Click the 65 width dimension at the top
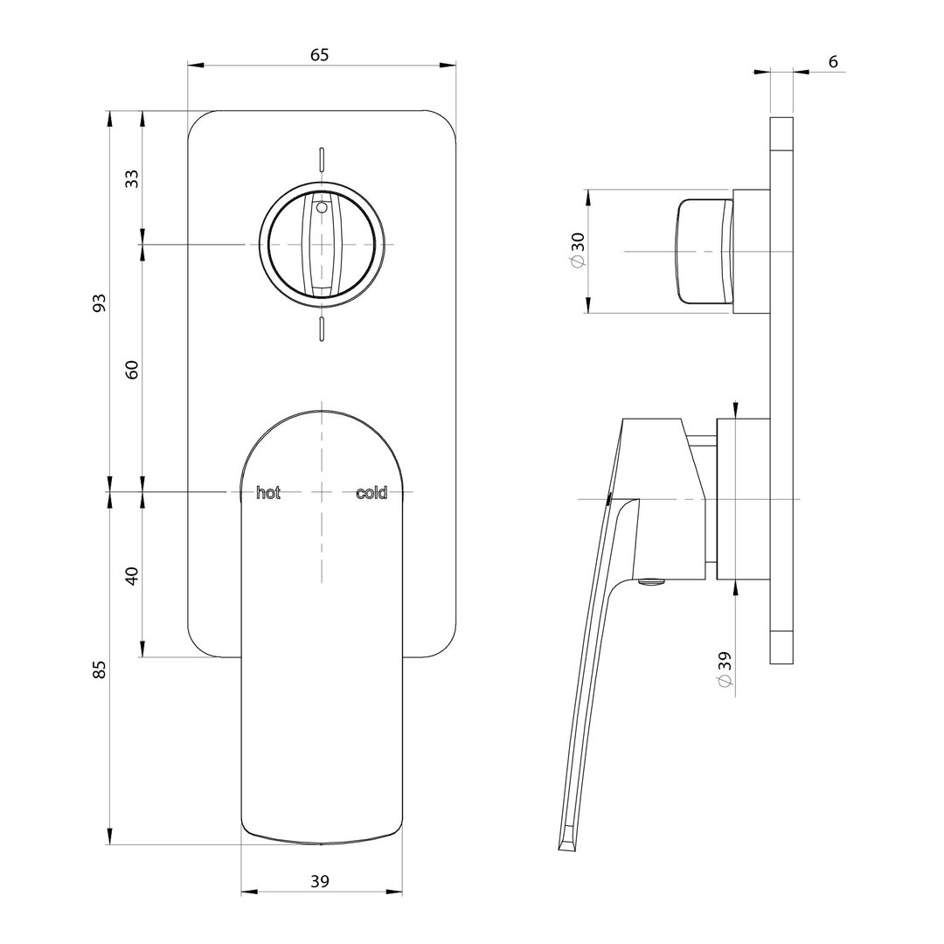click(320, 54)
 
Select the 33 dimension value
click(132, 178)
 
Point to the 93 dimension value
click(100, 302)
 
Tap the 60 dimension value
click(132, 369)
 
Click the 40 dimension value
click(132, 576)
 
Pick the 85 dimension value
click(100, 670)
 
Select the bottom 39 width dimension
click(320, 881)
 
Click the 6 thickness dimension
click(832, 61)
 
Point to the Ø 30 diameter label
click(577, 251)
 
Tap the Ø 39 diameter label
click(725, 670)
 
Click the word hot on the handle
click(268, 493)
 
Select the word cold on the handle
click(371, 493)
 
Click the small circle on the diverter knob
click(321, 208)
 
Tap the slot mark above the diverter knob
click(322, 157)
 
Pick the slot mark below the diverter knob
click(322, 329)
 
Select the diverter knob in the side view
click(705, 252)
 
